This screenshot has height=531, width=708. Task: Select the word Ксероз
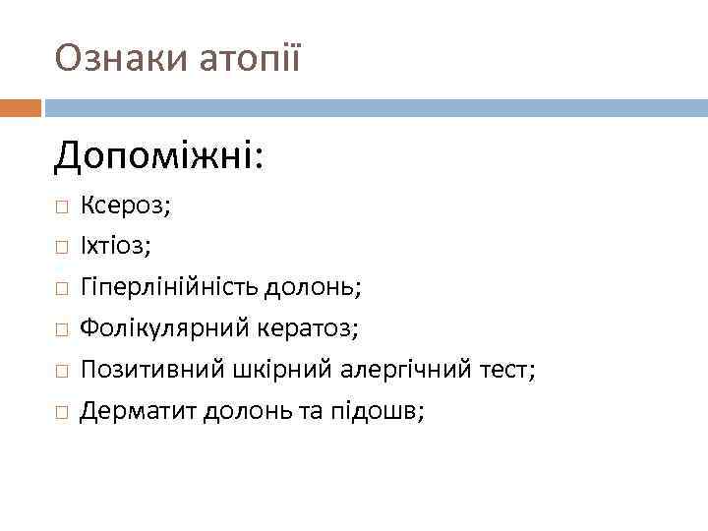(x=125, y=206)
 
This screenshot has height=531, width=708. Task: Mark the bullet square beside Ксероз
(x=61, y=206)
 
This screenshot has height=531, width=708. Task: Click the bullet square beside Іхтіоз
(x=61, y=248)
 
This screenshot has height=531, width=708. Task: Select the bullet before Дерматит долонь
(x=61, y=413)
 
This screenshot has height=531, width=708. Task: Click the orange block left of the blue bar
(x=20, y=105)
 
